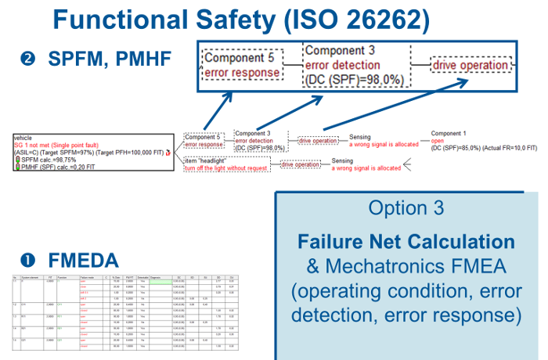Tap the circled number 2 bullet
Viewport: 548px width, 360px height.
tap(30, 59)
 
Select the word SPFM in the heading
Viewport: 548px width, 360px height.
tap(80, 59)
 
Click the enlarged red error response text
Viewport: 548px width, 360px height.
tap(243, 73)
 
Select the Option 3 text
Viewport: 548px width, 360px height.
tap(406, 208)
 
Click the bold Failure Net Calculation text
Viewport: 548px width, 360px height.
tap(406, 242)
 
